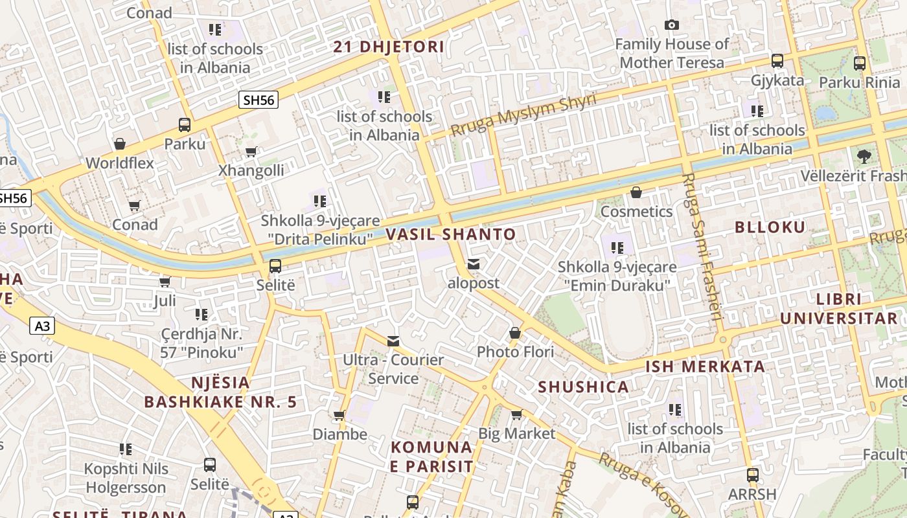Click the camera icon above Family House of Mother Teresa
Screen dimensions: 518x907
(x=672, y=25)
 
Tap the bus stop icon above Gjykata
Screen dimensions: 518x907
(x=777, y=61)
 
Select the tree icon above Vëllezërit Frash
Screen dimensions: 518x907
(x=864, y=156)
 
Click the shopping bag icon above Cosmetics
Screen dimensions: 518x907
(x=636, y=192)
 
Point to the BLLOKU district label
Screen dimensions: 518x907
(x=770, y=227)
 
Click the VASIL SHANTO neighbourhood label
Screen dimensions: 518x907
(x=451, y=234)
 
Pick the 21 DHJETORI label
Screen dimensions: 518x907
(x=389, y=47)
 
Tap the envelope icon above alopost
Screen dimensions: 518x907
(x=474, y=264)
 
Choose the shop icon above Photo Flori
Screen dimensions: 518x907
(x=515, y=333)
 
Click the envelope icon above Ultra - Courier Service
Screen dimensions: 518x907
(x=393, y=341)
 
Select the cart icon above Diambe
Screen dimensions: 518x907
(x=339, y=415)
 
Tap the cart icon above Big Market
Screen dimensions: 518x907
(x=516, y=414)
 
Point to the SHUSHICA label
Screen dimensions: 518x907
(x=584, y=387)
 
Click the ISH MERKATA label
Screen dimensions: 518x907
(x=706, y=366)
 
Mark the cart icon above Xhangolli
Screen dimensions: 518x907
(x=251, y=152)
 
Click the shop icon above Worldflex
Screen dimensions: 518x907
(x=119, y=144)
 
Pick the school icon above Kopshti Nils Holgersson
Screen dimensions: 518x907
(x=126, y=449)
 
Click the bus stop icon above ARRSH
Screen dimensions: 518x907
(x=752, y=475)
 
